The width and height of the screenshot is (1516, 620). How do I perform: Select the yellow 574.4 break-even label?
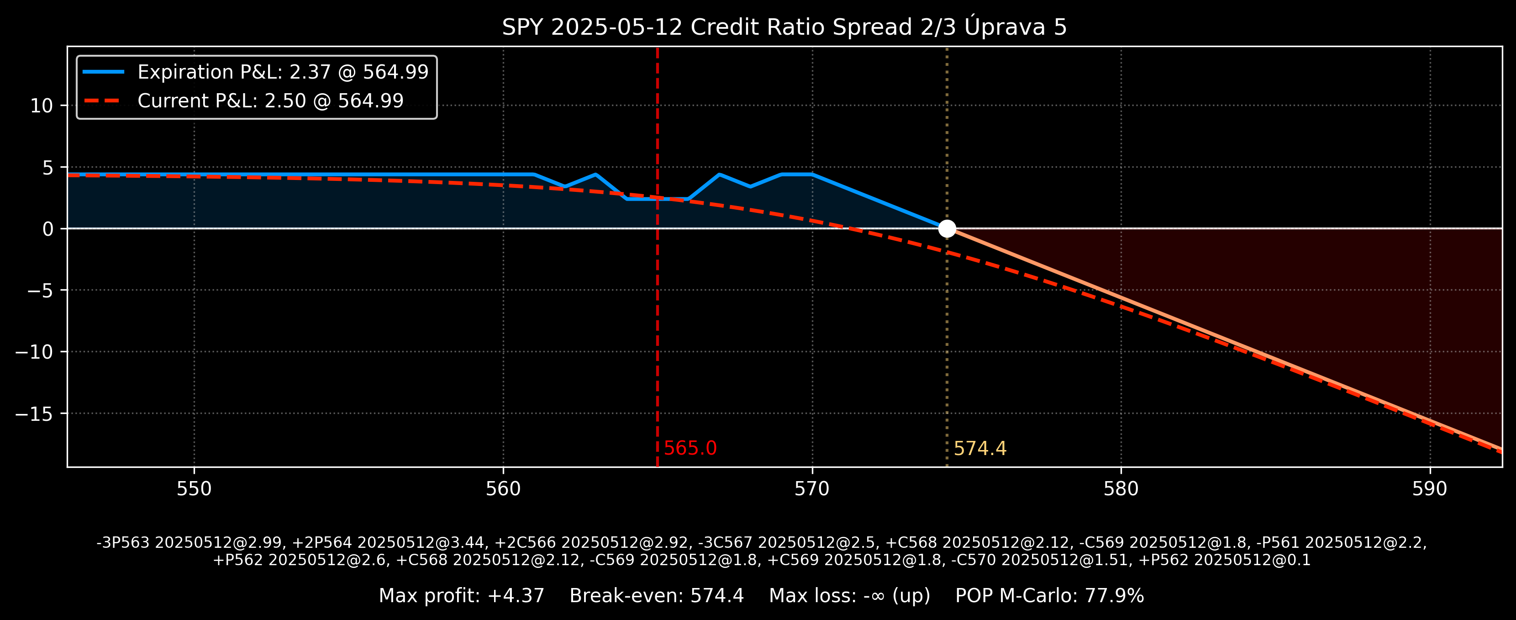980,449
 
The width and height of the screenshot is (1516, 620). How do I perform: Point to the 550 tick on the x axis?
194,489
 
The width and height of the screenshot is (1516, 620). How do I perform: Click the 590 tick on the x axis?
1430,489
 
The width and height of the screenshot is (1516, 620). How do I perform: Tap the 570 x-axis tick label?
812,489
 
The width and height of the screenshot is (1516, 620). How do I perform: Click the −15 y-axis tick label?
34,414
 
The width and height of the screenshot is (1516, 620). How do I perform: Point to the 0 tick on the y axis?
47,229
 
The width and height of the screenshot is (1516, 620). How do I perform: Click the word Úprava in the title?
1005,27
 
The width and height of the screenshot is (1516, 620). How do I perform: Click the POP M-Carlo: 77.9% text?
1049,596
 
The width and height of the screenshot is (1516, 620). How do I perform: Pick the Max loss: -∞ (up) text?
849,596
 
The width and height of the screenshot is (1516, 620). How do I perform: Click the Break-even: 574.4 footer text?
656,596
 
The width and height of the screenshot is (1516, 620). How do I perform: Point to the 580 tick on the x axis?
1121,489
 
